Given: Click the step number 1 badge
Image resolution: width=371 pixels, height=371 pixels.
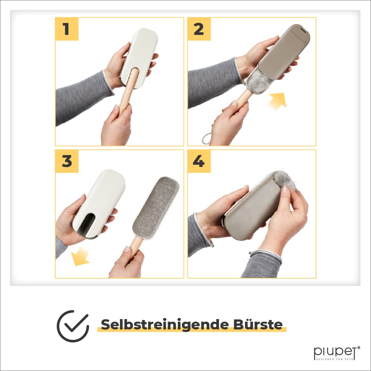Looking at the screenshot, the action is tap(67, 29).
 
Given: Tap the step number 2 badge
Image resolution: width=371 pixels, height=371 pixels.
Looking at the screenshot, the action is tap(199, 29).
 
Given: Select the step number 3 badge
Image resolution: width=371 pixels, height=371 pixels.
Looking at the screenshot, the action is tap(67, 161).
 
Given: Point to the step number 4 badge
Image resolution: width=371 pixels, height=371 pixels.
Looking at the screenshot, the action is tap(199, 161).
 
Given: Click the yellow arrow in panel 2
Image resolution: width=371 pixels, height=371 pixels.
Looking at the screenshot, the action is tap(278, 101).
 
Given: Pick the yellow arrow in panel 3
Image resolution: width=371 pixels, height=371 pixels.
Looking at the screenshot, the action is tap(80, 256).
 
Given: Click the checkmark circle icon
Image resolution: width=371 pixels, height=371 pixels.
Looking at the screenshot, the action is tap(73, 326).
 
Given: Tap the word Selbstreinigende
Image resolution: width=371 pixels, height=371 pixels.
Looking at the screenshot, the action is tap(165, 325).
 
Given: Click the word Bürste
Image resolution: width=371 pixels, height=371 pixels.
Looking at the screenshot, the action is tap(258, 324).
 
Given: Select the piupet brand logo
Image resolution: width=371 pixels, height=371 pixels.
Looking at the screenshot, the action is tap(337, 353).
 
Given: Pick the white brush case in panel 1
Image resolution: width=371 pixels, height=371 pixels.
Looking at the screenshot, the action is tap(139, 58).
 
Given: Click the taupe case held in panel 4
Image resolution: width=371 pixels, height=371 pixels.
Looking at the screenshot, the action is tap(252, 208).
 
